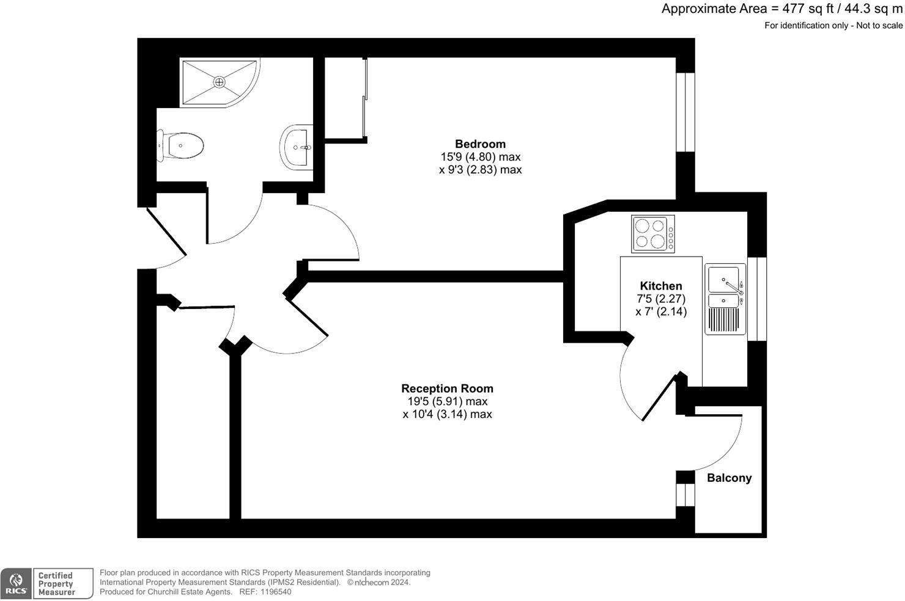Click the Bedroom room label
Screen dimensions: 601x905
480,144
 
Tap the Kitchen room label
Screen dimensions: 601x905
660,286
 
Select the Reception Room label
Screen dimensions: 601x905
447,388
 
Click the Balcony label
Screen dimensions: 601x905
729,478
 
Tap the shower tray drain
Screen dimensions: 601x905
219,81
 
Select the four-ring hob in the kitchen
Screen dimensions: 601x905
653,234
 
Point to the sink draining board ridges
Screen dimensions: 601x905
725,320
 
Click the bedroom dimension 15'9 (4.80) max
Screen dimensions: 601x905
480,157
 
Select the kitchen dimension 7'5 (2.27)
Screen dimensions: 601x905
660,299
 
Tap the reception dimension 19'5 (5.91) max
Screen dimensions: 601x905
447,401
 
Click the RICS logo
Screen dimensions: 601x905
16,584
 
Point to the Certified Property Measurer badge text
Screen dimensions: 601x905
56,584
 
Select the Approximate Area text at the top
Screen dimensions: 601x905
781,9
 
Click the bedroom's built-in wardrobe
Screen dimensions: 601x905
344,99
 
